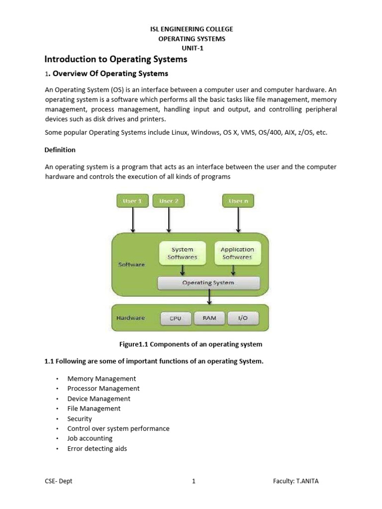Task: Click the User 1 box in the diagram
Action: [x=133, y=201]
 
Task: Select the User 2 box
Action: [x=169, y=201]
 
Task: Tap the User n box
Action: [x=238, y=201]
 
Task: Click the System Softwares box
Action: [x=183, y=253]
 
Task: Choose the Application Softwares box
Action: [x=237, y=253]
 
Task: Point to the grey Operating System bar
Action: [x=208, y=283]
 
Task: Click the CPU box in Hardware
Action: [x=176, y=318]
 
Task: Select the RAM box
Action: [x=209, y=318]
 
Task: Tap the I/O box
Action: [x=243, y=318]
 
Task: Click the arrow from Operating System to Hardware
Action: [x=209, y=297]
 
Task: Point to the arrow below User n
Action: [x=238, y=220]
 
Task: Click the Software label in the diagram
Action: [x=131, y=264]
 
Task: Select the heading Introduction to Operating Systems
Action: [x=116, y=59]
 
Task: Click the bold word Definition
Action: [x=60, y=150]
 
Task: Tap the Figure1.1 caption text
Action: [x=191, y=344]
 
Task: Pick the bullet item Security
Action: [x=80, y=419]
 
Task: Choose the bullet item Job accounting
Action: [x=90, y=438]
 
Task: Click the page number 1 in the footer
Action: [x=193, y=481]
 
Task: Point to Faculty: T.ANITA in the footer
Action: [x=299, y=481]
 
